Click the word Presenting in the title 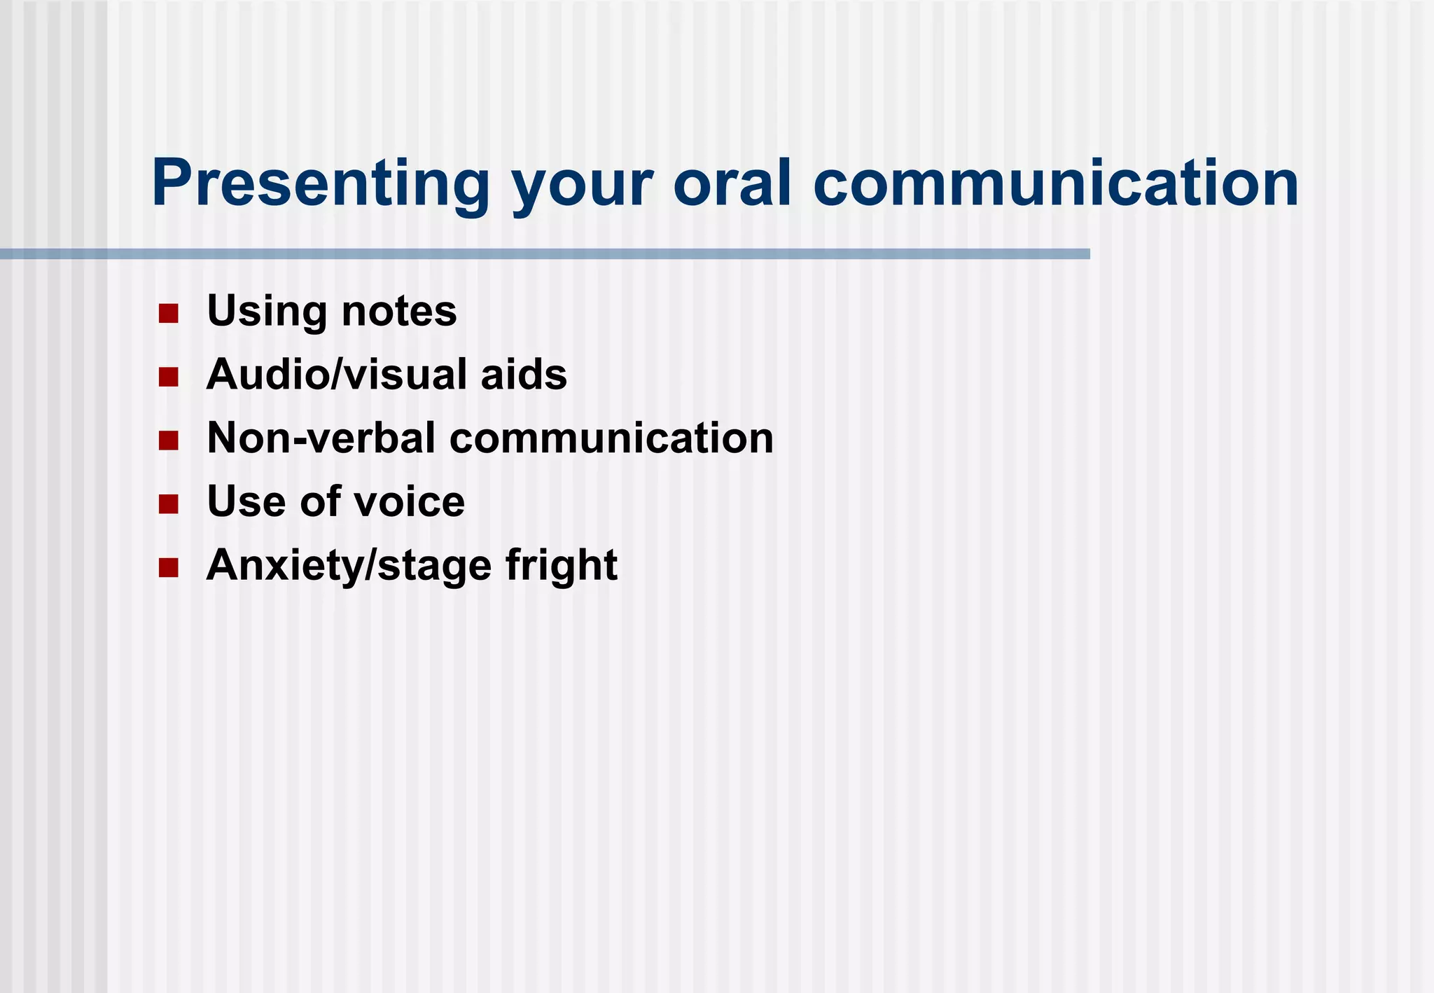pos(320,184)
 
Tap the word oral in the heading pos(732,183)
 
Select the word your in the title pos(582,188)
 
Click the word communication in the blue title pos(1055,183)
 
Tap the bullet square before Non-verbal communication pos(168,440)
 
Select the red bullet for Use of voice pos(168,504)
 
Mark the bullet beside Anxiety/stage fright pos(168,567)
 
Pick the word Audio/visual pos(336,375)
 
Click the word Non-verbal pos(321,438)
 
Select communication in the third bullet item pos(611,438)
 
